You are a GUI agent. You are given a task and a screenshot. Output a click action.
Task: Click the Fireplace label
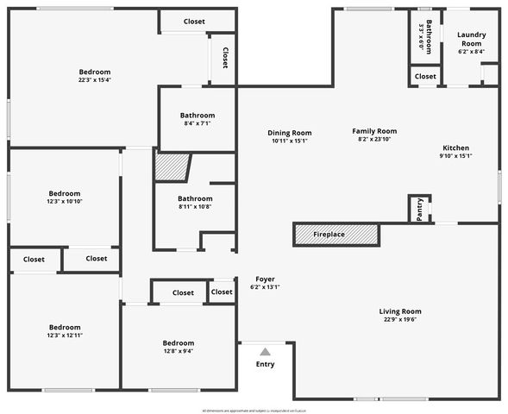(329, 235)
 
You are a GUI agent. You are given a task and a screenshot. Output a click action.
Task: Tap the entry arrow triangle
(266, 351)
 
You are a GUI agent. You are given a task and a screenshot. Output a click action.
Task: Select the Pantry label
(420, 210)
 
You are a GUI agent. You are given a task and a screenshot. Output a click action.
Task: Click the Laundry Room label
(471, 39)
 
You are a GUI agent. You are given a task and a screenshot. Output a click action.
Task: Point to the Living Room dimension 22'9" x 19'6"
(400, 320)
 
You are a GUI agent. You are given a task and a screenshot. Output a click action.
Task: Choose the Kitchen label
(456, 147)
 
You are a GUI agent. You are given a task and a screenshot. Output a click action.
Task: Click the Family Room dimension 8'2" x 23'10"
(374, 140)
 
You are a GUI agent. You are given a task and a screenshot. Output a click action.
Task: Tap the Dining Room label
(290, 133)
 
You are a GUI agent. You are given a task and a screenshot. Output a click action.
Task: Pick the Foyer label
(265, 279)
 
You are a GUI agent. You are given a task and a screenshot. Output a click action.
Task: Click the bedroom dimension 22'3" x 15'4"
(95, 80)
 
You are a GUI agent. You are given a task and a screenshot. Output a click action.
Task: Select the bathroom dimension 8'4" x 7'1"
(197, 123)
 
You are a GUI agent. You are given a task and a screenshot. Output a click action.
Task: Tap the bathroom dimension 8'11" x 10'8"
(194, 207)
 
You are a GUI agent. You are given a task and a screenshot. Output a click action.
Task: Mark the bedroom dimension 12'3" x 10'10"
(65, 202)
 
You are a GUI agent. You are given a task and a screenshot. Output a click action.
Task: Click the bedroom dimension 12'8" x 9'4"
(179, 351)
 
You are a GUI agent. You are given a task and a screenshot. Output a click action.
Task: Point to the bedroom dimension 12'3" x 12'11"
(65, 336)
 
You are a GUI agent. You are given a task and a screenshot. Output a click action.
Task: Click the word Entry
(266, 365)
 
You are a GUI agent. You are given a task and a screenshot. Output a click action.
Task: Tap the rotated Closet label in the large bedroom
(225, 58)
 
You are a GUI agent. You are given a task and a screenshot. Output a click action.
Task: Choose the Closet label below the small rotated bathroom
(425, 77)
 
